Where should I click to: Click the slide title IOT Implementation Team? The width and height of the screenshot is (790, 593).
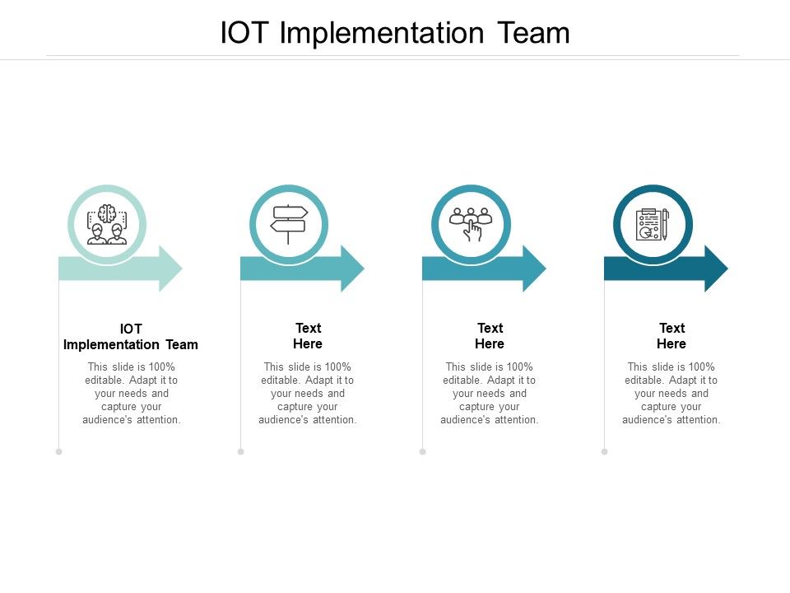pos(395,33)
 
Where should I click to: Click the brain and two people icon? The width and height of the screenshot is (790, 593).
pos(106,224)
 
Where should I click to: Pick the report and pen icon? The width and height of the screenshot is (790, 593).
pos(653,224)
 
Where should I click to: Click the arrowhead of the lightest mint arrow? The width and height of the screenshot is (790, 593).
pos(171,268)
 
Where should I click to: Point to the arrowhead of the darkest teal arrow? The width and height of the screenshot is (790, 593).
pos(717,268)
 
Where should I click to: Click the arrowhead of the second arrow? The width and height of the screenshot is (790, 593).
pos(353,268)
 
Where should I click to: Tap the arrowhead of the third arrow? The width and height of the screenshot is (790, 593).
pos(535,268)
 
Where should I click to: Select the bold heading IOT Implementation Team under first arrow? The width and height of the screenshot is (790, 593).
pos(131,337)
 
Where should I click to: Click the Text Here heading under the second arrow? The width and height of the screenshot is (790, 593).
pos(308,336)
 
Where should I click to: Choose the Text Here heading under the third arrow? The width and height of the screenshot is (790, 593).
pos(490,336)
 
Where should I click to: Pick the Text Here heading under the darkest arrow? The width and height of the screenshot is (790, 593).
pos(671,336)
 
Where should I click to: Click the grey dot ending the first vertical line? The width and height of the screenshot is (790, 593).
pos(59,451)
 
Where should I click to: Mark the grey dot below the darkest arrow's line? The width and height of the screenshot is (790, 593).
pos(605,451)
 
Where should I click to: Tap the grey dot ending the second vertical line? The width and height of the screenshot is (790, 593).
pos(241,451)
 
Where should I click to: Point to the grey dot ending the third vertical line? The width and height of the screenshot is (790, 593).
pos(423,451)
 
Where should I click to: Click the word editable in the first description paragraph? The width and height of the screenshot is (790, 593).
pos(104,381)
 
